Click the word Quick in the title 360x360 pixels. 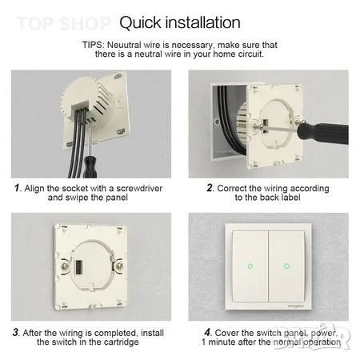[x=140, y=23]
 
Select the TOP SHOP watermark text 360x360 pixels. [x=63, y=23]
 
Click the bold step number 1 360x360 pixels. [x=17, y=188]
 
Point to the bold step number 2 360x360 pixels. [x=210, y=188]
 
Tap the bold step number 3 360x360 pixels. [x=16, y=333]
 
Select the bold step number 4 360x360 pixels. [x=208, y=332]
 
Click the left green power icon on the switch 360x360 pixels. [x=250, y=266]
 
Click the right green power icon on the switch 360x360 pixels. [x=286, y=266]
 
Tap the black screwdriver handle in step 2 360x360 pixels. [x=322, y=133]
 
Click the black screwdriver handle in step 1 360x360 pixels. [x=90, y=167]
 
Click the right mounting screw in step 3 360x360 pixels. [x=119, y=266]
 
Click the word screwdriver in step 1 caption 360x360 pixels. [x=139, y=188]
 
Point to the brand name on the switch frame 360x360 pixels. [x=296, y=306]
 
